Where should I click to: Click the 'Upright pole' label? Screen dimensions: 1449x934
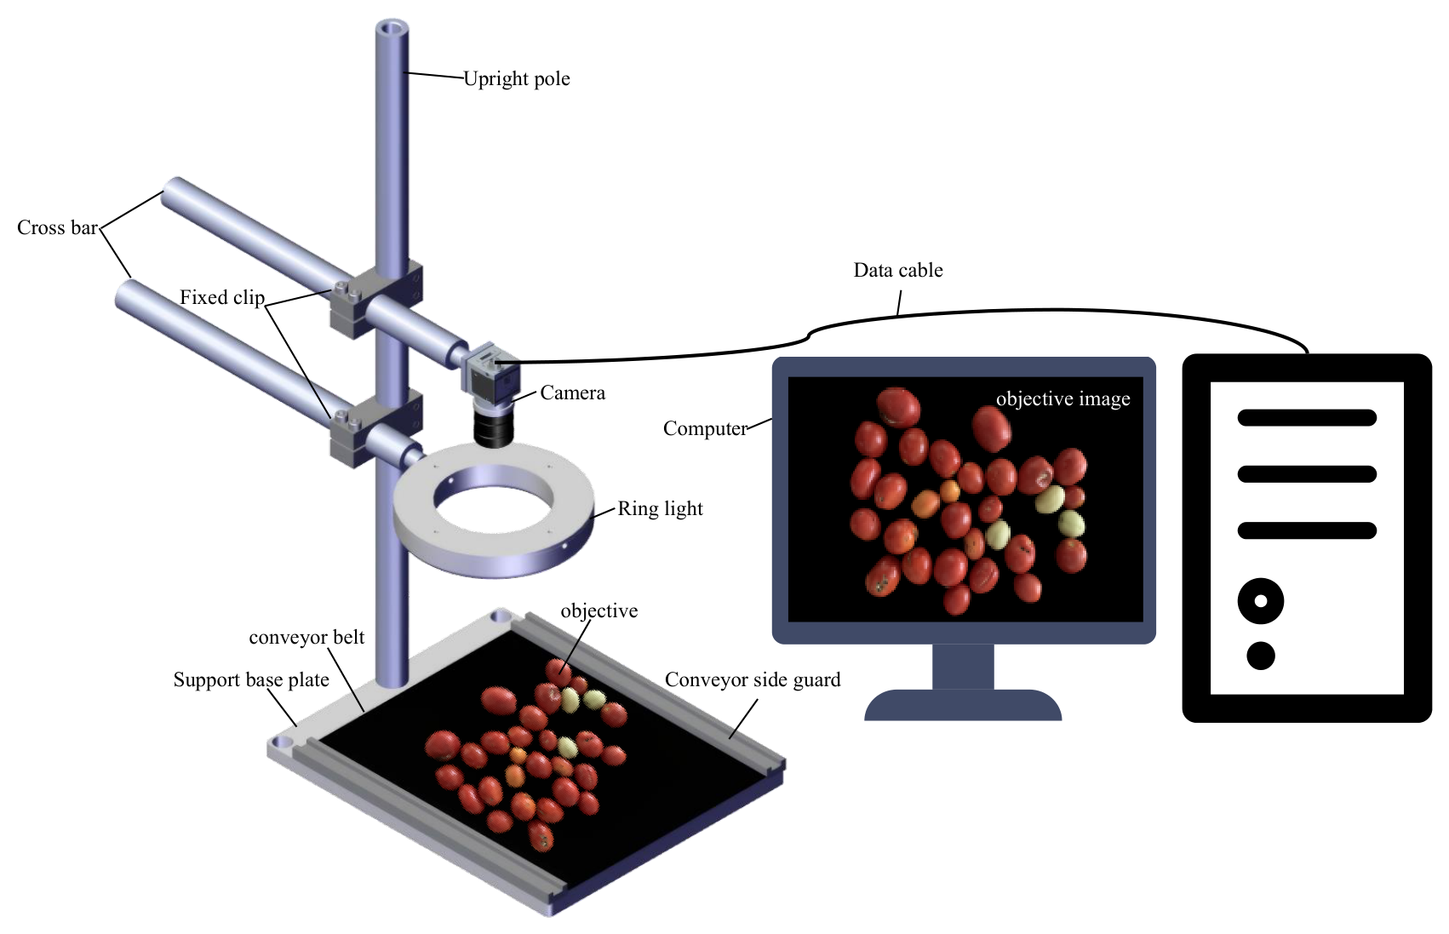pyautogui.click(x=517, y=79)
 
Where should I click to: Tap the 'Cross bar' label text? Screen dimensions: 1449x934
pyautogui.click(x=57, y=227)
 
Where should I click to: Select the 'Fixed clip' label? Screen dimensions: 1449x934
pyautogui.click(x=222, y=297)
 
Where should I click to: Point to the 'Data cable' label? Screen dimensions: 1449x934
pyautogui.click(x=898, y=270)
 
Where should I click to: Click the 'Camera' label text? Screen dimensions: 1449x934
pyautogui.click(x=572, y=393)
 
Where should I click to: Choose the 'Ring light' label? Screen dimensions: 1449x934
pyautogui.click(x=660, y=508)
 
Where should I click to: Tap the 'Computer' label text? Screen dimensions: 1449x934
pyautogui.click(x=705, y=428)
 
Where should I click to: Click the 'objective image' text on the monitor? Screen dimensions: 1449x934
pyautogui.click(x=1062, y=399)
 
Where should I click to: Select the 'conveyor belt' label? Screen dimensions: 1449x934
pyautogui.click(x=306, y=638)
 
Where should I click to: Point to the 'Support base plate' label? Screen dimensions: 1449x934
pyautogui.click(x=251, y=679)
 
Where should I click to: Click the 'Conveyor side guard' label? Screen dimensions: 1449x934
pyautogui.click(x=753, y=679)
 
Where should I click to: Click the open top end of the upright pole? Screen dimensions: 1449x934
pyautogui.click(x=392, y=29)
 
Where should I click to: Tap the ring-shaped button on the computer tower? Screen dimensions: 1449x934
pyautogui.click(x=1260, y=601)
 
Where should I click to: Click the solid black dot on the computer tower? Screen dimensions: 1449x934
pyautogui.click(x=1260, y=656)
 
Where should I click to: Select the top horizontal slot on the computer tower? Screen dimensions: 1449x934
pyautogui.click(x=1307, y=418)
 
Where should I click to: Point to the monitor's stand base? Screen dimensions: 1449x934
pyautogui.click(x=963, y=705)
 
